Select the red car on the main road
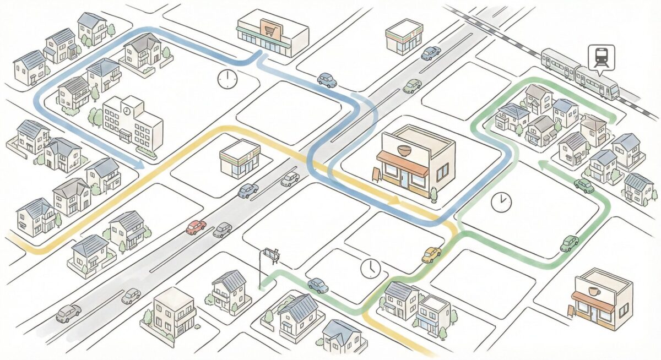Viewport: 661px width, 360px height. tap(196, 227)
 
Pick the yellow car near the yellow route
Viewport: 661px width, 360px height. tap(431, 254)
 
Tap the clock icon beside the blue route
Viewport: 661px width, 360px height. tap(226, 79)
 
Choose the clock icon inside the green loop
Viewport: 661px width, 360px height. tap(501, 202)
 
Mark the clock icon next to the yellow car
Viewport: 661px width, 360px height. tap(371, 269)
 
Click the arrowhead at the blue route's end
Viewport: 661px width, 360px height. tap(140, 164)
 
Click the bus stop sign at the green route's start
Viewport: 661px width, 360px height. tap(271, 254)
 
